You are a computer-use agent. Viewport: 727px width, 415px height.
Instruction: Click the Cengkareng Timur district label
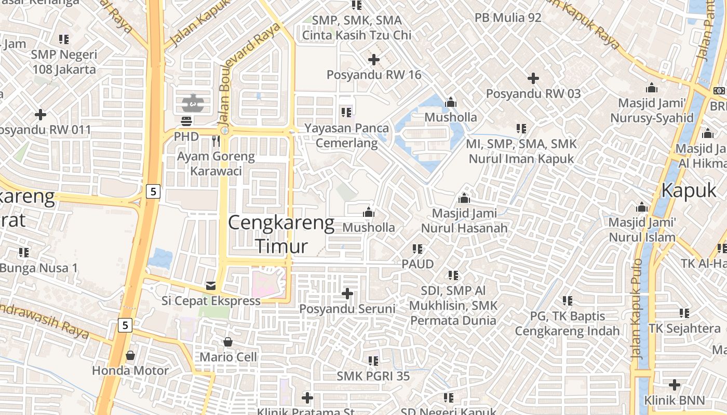(281, 234)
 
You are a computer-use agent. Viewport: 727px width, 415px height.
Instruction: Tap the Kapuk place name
(689, 190)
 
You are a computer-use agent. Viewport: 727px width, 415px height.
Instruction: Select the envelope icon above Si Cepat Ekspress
(211, 285)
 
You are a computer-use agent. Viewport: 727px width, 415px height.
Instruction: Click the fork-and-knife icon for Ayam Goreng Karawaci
(216, 141)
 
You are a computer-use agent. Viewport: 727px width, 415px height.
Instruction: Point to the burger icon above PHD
(186, 121)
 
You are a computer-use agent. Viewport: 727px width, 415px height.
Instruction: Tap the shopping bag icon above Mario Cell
(227, 342)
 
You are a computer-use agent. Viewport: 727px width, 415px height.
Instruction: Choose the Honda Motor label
(130, 370)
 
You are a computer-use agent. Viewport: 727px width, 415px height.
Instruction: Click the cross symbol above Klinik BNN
(675, 385)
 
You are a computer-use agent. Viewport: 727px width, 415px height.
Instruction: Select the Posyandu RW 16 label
(374, 75)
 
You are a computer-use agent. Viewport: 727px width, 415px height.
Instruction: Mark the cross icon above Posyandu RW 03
(533, 78)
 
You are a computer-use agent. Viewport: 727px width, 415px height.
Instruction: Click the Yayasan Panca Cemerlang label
(346, 135)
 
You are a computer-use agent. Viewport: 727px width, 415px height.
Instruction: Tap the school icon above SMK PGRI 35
(373, 361)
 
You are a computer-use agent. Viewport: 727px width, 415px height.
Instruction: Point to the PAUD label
(418, 264)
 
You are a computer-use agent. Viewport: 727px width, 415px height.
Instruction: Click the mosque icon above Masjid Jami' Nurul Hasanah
(464, 198)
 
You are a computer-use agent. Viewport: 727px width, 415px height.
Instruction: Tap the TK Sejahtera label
(684, 328)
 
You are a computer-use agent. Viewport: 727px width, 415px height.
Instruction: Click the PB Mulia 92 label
(508, 18)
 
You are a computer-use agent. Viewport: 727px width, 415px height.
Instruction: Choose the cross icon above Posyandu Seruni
(347, 294)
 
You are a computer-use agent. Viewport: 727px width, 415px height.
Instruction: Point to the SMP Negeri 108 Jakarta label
(64, 62)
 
